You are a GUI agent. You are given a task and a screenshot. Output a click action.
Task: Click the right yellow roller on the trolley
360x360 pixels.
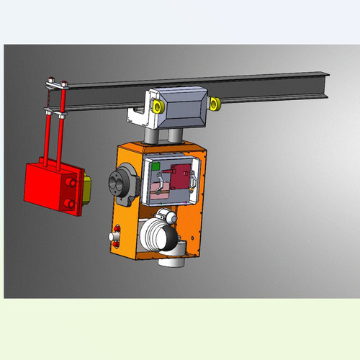[x=215, y=105]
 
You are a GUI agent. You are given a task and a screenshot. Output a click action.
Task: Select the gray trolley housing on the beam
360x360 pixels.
[x=184, y=104]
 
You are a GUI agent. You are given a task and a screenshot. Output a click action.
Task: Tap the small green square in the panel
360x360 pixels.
[x=156, y=165]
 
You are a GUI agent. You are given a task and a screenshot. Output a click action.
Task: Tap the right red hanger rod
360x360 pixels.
[x=63, y=130]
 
